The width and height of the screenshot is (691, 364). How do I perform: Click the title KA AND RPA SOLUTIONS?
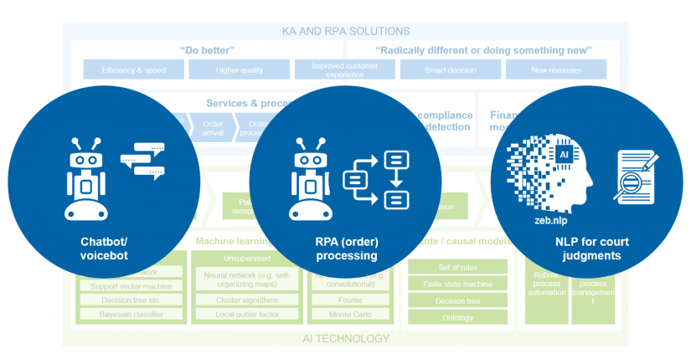point(345,31)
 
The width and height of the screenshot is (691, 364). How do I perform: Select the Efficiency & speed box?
point(135,70)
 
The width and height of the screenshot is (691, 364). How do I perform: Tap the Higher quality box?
point(240,70)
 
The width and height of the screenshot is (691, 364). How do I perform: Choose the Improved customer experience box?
point(344,69)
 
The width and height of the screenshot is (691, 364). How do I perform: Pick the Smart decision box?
point(450,70)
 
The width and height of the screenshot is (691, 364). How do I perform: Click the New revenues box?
point(555,70)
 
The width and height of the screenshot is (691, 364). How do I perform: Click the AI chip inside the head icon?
point(563,156)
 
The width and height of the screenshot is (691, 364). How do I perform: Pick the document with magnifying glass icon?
point(634,176)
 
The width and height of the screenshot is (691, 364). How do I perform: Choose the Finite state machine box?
point(457,284)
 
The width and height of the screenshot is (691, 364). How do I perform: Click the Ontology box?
point(457,317)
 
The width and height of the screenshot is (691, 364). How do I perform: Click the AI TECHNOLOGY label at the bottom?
point(347,339)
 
